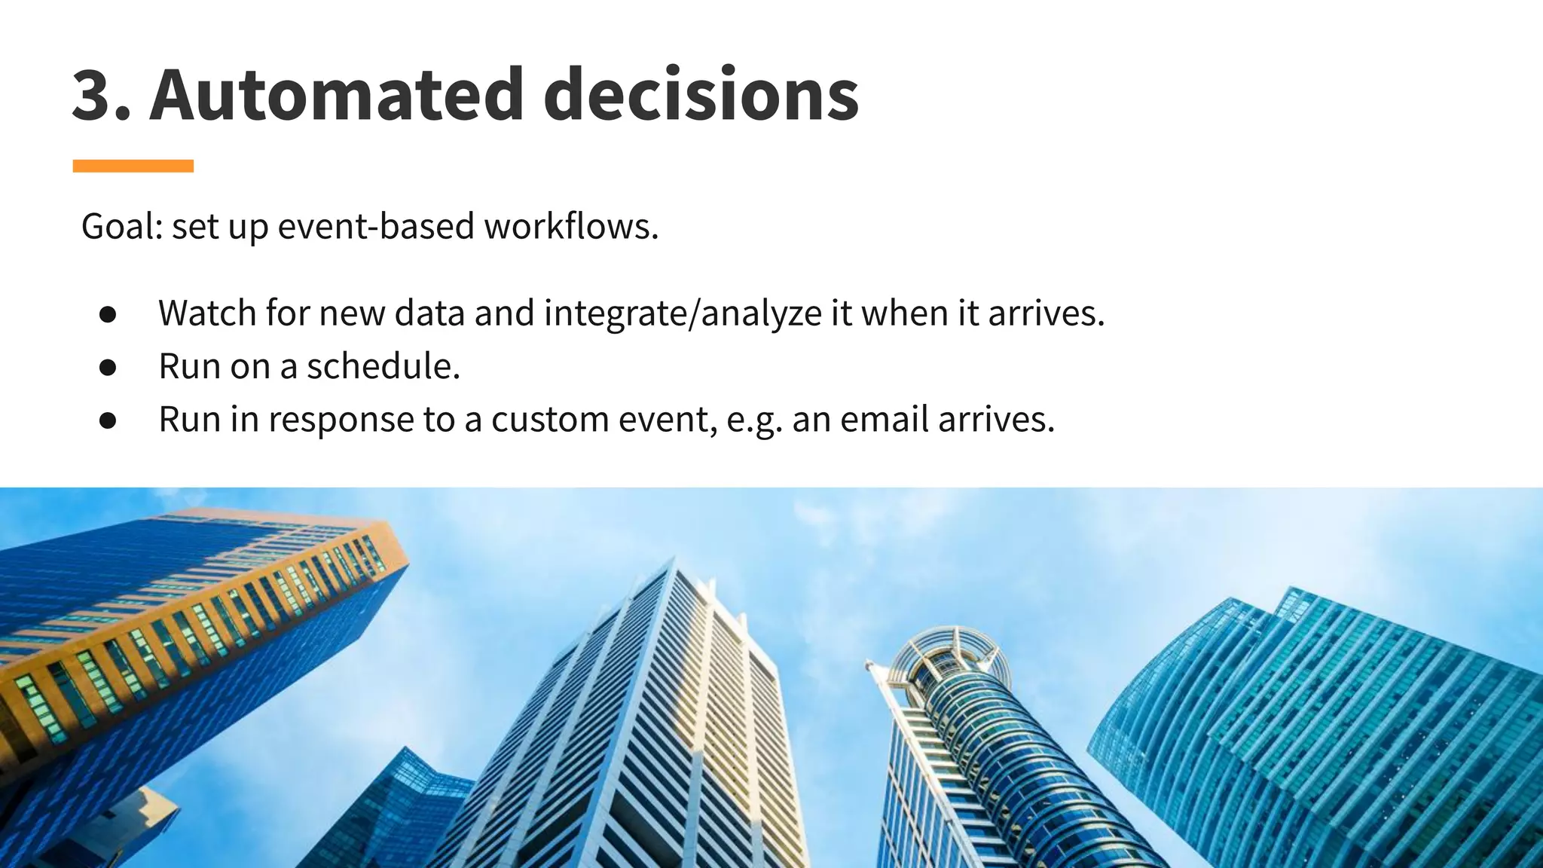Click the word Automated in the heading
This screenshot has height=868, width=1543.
pyautogui.click(x=336, y=95)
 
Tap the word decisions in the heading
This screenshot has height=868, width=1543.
pyautogui.click(x=701, y=95)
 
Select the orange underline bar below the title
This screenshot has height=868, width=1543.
pyautogui.click(x=133, y=166)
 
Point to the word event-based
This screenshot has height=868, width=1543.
pyautogui.click(x=376, y=226)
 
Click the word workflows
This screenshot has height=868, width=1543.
pyautogui.click(x=571, y=226)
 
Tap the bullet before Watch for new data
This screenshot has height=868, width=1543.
pyautogui.click(x=108, y=314)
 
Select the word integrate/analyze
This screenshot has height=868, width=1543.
pyautogui.click(x=683, y=313)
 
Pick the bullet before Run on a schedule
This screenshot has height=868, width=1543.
pyautogui.click(x=108, y=367)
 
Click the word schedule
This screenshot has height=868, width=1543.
pyautogui.click(x=383, y=366)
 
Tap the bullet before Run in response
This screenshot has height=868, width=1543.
pyautogui.click(x=108, y=420)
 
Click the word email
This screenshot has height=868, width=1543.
pyautogui.click(x=885, y=419)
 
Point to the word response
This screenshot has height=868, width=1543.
pyautogui.click(x=341, y=420)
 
